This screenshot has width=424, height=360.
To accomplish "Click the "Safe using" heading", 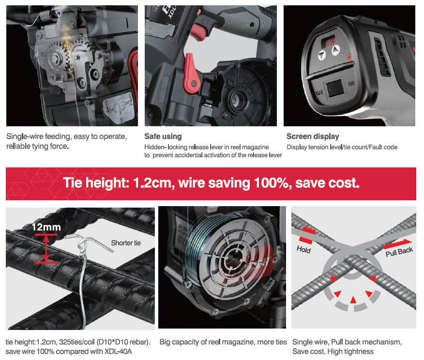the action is [x=163, y=136].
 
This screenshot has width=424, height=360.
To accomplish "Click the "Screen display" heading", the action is [x=313, y=136].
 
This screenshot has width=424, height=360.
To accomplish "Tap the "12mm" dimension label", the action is [x=46, y=227].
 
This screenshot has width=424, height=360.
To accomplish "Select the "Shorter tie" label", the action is [x=126, y=243].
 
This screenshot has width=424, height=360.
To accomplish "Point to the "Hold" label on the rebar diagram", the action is [x=303, y=249].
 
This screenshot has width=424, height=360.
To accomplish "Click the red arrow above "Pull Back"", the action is [x=398, y=243].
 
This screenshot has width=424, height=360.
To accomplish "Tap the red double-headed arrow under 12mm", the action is [x=46, y=249].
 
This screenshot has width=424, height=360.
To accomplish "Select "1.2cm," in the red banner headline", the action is [x=153, y=183].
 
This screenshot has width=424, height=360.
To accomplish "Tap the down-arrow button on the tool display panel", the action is [x=321, y=55].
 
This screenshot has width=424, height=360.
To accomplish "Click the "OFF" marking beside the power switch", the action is [x=319, y=93].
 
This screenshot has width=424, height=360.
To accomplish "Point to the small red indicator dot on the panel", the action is [x=349, y=57].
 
